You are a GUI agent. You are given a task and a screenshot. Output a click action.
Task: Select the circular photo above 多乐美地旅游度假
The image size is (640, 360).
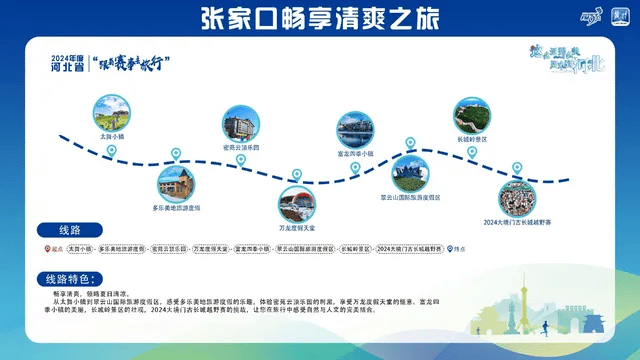point(176,183)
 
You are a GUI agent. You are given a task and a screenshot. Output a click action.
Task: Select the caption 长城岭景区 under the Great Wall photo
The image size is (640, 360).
point(471,138)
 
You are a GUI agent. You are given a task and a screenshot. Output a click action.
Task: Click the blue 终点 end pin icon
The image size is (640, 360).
point(450,249)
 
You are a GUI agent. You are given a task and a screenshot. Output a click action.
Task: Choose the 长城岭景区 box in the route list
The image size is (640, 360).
point(354,249)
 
